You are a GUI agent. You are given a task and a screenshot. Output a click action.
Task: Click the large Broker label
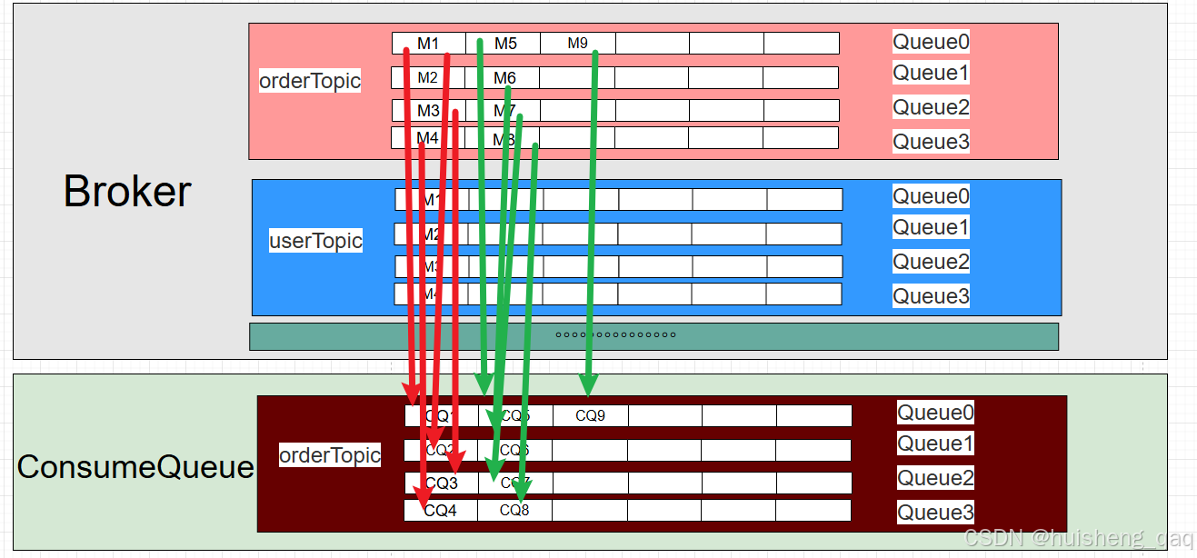pos(127,192)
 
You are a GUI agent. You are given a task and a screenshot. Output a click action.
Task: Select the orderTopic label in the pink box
pos(310,81)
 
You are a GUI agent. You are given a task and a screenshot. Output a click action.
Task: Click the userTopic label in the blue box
pos(315,241)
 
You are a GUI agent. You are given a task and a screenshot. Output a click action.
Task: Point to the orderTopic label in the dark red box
pos(330,455)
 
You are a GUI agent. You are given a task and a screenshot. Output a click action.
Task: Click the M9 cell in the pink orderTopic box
pos(578,43)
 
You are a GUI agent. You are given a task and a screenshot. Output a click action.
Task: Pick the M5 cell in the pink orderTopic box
pos(505,43)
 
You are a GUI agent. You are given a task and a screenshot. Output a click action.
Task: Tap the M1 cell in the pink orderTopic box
pos(428,43)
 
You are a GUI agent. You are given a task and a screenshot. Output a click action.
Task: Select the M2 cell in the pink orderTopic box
pos(428,77)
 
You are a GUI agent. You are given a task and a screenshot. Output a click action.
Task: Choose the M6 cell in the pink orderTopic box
pos(505,77)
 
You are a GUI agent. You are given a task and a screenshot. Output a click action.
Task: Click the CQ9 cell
pos(590,415)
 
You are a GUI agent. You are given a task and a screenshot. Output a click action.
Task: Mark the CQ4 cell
pos(441,511)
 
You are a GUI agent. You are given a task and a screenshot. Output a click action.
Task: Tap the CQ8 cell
pos(514,510)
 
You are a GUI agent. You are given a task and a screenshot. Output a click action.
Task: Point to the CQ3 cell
pos(442,483)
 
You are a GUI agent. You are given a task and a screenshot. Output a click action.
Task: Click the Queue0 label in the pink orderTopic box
pos(931,42)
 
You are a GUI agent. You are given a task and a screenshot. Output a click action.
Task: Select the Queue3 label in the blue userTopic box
pos(931,296)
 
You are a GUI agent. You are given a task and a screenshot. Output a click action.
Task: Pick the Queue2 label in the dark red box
pos(936,478)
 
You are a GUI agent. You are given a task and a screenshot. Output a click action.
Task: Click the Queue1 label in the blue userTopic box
pos(931,227)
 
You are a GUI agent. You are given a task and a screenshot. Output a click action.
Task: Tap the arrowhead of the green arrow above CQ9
pos(588,385)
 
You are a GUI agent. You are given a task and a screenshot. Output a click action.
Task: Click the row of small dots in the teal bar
pos(615,334)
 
